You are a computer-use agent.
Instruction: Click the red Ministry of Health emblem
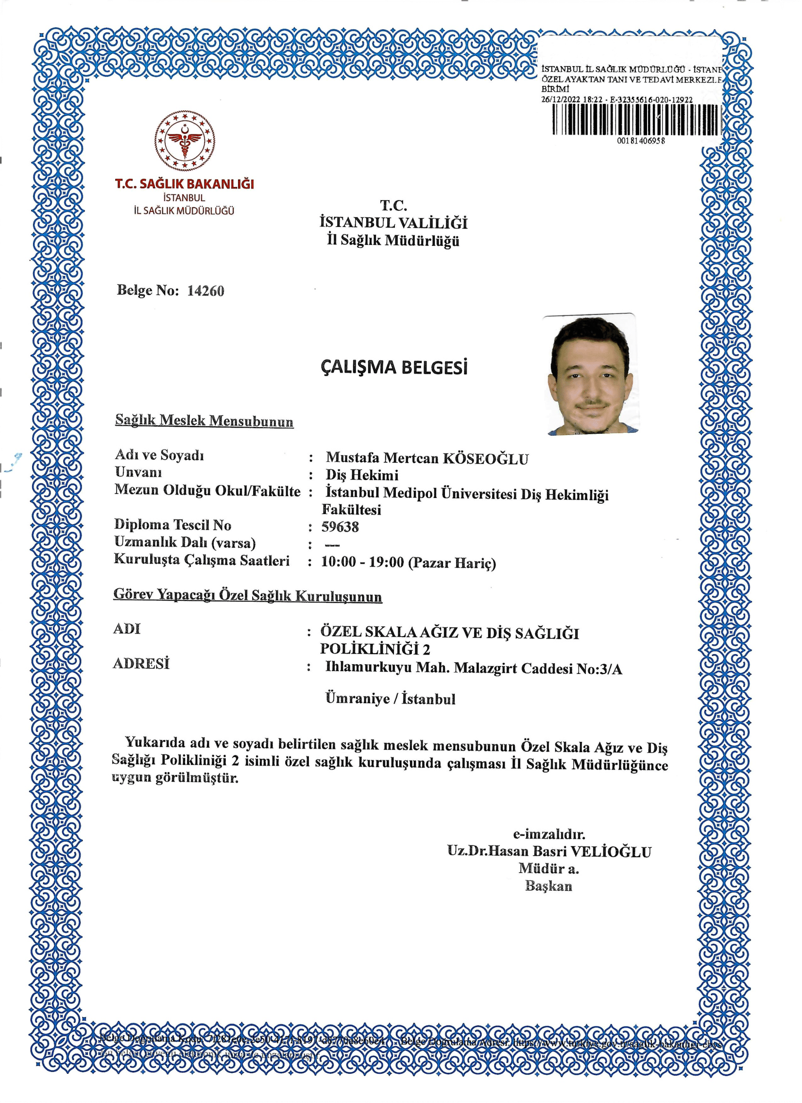[x=184, y=141]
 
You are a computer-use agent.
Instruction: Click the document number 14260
[x=205, y=291]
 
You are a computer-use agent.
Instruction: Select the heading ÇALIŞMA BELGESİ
[x=394, y=368]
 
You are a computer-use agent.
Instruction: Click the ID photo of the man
[x=592, y=374]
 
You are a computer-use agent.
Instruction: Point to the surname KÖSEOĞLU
[x=485, y=459]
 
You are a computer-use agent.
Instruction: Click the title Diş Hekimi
[x=362, y=475]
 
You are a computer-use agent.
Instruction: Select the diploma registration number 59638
[x=340, y=527]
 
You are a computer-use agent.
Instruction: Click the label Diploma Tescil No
[x=173, y=525]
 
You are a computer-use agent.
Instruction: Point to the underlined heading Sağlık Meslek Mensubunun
[x=204, y=421]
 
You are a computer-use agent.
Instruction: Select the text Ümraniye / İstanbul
[x=390, y=699]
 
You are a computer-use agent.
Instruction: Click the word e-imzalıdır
[x=549, y=834]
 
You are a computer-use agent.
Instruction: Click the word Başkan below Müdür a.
[x=548, y=885]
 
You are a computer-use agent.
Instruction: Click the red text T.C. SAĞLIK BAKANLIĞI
[x=184, y=184]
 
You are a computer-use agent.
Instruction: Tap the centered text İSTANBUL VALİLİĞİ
[x=393, y=223]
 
